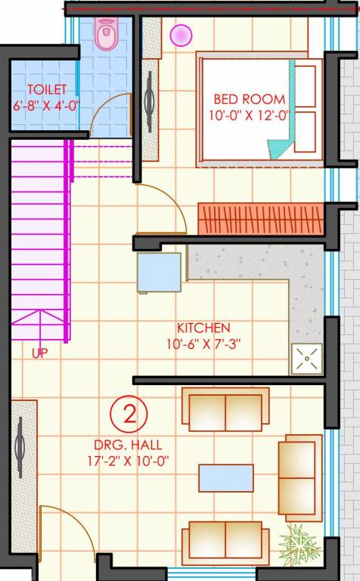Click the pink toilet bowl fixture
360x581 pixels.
point(106,34)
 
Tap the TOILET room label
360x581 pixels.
point(47,90)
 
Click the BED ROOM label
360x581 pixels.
point(249,99)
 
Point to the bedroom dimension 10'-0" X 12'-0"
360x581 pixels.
point(250,116)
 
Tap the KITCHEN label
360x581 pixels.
point(203,328)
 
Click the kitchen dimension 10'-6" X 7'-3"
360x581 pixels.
point(203,344)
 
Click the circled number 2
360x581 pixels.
point(129,414)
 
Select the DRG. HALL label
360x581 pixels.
point(129,445)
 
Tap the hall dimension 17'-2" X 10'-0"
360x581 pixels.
point(129,461)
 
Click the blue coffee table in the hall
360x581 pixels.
point(225,478)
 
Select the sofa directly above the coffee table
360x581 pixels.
point(225,409)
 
